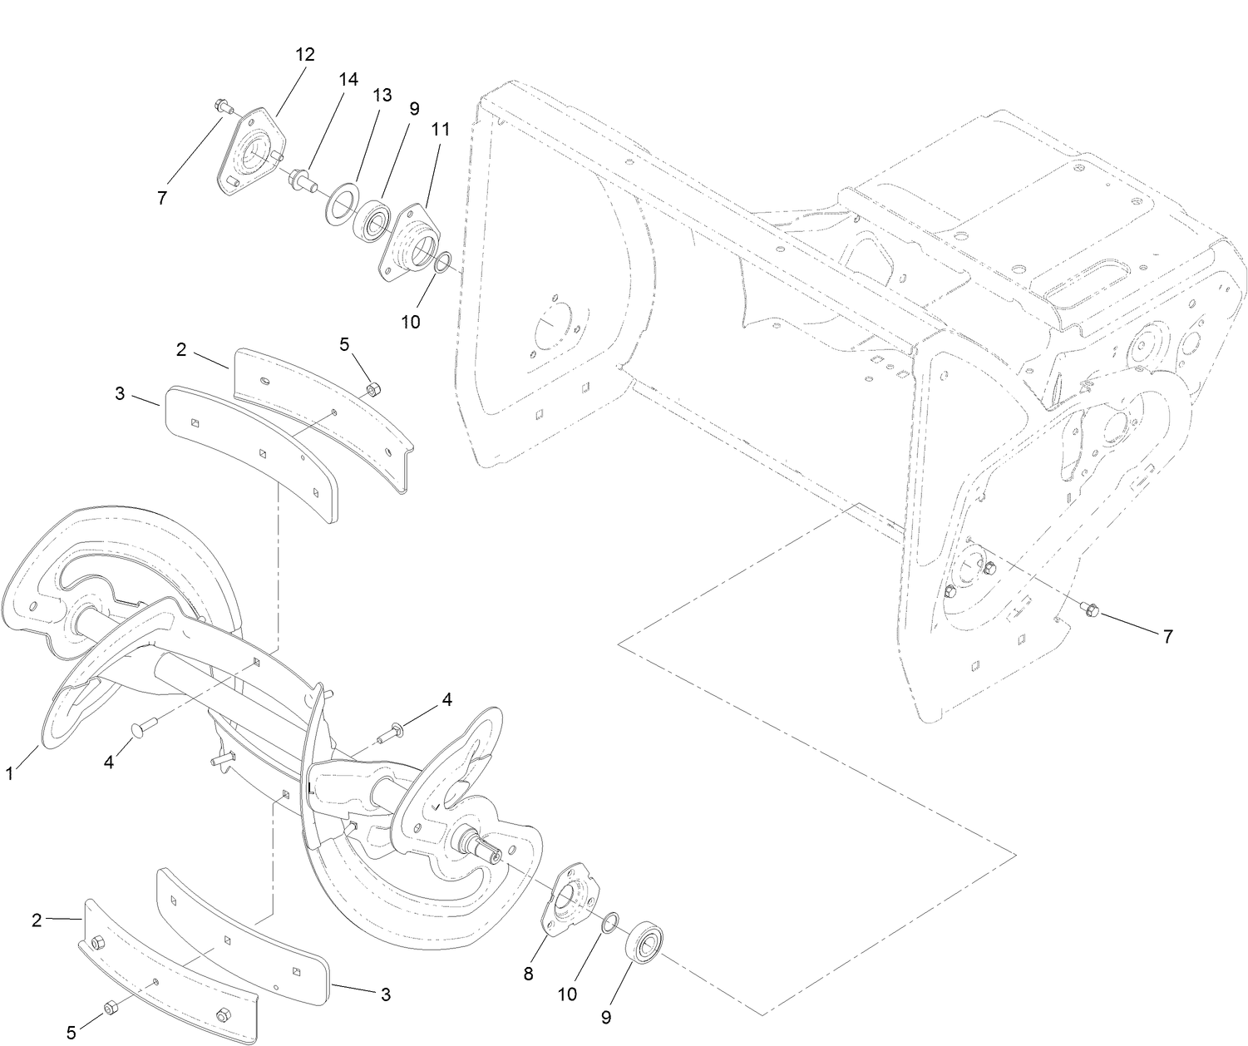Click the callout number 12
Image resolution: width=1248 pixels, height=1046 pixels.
(305, 55)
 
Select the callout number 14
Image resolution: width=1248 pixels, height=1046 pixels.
(348, 79)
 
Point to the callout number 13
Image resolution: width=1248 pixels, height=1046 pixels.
(381, 95)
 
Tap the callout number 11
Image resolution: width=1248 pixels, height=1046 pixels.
(441, 129)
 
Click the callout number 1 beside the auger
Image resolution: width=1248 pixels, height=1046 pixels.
(9, 773)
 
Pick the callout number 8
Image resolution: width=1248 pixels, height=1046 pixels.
(528, 974)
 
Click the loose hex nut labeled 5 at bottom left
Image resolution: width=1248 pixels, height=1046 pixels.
(109, 1009)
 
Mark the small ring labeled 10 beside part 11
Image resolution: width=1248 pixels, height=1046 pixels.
(444, 264)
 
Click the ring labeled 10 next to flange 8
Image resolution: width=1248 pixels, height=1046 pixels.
(609, 920)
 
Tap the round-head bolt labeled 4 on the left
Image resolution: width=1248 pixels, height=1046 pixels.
(139, 729)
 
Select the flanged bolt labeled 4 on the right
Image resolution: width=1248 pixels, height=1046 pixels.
(391, 734)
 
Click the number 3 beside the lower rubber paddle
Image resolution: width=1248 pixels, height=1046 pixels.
(385, 994)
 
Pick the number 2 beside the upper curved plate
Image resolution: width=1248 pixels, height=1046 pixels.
(182, 350)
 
